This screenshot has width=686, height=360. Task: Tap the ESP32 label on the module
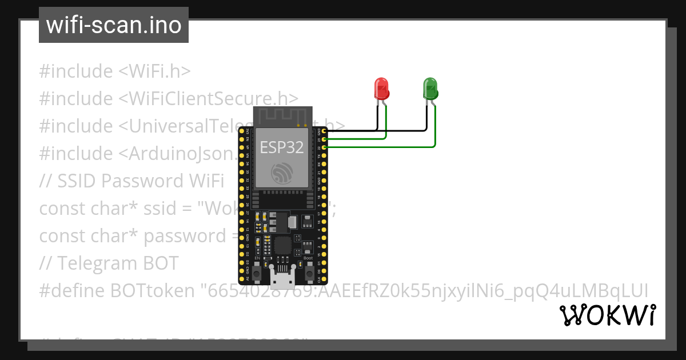pyautogui.click(x=282, y=147)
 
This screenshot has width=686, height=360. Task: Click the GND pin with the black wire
pyautogui.click(x=324, y=131)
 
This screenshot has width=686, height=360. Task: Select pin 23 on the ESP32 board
pyautogui.click(x=324, y=139)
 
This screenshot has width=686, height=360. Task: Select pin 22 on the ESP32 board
pyautogui.click(x=324, y=147)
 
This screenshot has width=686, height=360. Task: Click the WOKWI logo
pyautogui.click(x=607, y=315)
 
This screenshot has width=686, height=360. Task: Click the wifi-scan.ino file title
pyautogui.click(x=113, y=25)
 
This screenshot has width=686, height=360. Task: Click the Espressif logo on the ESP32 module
pyautogui.click(x=282, y=173)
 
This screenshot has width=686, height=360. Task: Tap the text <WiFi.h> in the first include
pyautogui.click(x=154, y=71)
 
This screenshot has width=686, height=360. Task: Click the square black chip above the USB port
pyautogui.click(x=282, y=246)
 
